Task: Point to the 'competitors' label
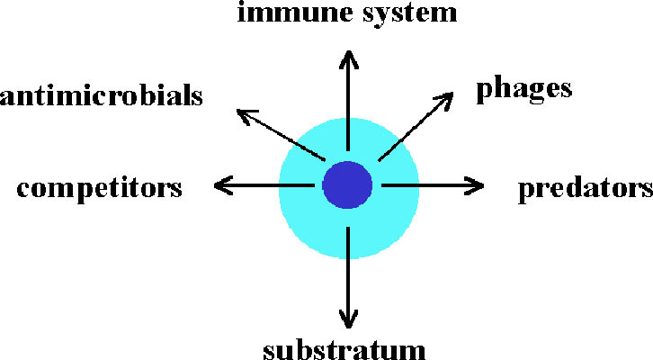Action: [x=100, y=190]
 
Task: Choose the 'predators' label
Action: [x=585, y=190]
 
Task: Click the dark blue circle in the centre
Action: [x=347, y=184]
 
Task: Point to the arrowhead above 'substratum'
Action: [x=347, y=318]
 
